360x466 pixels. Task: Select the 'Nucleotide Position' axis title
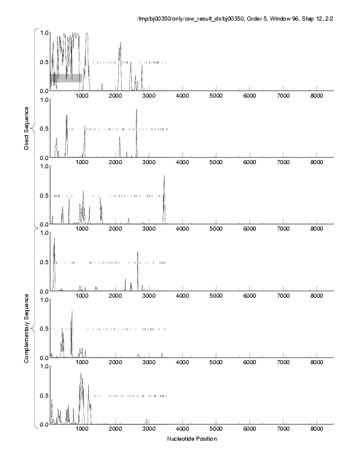[x=191, y=438]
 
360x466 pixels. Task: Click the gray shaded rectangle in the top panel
[x=66, y=78]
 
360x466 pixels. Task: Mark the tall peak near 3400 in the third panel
[x=164, y=177]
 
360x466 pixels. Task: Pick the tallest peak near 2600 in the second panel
[x=136, y=110]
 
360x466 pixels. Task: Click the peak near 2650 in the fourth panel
[x=138, y=253]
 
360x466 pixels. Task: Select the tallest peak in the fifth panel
[x=72, y=312]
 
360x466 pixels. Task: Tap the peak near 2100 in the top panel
[x=120, y=44]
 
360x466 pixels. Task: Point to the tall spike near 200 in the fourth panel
[x=54, y=239]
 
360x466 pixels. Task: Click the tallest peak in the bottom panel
[x=81, y=374]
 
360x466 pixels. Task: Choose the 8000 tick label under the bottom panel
[x=316, y=430]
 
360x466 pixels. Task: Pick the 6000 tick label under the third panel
[x=249, y=229]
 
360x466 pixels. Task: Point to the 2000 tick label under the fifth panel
[x=115, y=363]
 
